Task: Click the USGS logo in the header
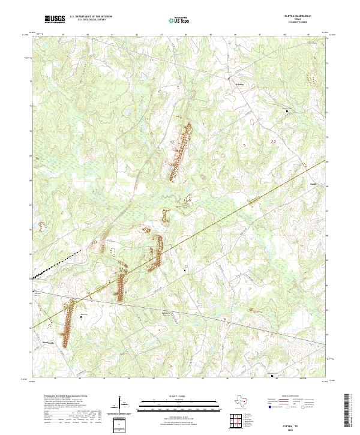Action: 55,20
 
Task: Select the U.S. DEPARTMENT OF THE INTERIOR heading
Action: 91,17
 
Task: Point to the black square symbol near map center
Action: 185,271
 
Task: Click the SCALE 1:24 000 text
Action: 179,397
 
